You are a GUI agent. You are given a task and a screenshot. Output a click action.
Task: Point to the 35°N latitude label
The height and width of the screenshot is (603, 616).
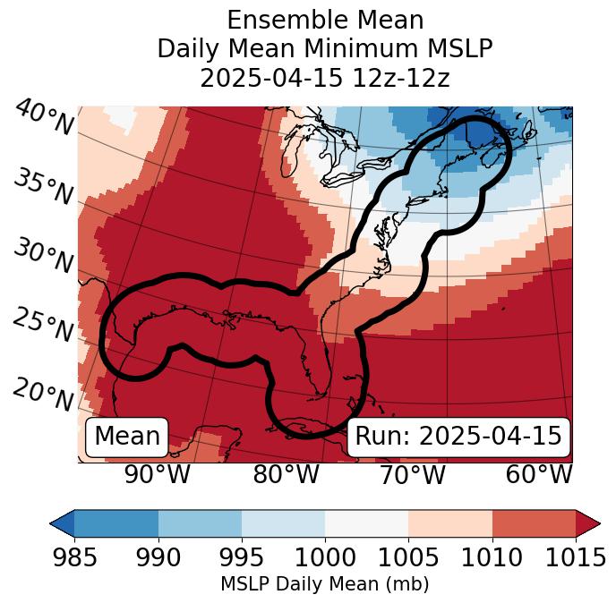click(43, 186)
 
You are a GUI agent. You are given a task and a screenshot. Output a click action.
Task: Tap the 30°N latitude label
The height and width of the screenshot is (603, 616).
click(42, 257)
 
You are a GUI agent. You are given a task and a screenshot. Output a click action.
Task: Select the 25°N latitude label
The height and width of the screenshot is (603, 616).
click(42, 326)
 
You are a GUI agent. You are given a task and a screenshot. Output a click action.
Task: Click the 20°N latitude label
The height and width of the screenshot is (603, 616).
click(43, 394)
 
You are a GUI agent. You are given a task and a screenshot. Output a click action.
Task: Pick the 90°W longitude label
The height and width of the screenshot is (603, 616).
click(157, 475)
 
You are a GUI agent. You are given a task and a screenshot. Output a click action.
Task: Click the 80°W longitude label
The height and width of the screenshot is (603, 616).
click(286, 475)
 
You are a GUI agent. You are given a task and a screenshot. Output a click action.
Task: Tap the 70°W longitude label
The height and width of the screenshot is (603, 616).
click(412, 475)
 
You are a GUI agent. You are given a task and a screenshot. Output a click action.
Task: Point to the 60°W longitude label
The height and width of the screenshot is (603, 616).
click(538, 475)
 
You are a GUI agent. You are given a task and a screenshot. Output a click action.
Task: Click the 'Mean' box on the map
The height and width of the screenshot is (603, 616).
click(127, 437)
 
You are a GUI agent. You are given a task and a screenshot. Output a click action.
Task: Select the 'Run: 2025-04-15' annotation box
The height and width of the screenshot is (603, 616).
click(458, 437)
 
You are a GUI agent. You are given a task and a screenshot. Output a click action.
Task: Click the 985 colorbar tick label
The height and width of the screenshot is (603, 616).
click(74, 558)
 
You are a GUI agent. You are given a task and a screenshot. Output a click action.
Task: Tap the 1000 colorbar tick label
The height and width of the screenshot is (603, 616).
click(325, 558)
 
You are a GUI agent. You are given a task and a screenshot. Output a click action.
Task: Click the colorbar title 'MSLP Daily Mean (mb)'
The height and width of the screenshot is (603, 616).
click(324, 584)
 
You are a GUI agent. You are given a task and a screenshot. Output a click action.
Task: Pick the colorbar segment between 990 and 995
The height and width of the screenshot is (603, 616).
click(200, 523)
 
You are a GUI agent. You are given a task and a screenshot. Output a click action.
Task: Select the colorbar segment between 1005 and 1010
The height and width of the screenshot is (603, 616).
click(450, 523)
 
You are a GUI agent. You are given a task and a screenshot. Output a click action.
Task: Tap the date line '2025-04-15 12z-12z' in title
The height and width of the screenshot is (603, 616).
click(325, 78)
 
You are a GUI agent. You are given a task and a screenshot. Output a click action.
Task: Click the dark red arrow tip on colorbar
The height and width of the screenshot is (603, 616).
click(590, 523)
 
